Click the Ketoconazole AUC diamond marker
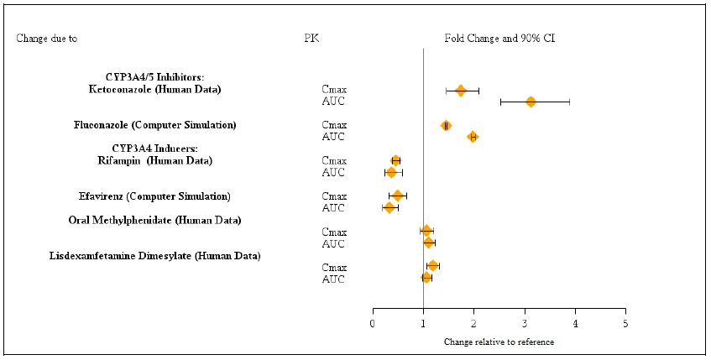(531, 102)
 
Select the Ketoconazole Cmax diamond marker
(460, 90)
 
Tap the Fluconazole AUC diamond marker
(473, 137)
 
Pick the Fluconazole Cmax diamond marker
(446, 125)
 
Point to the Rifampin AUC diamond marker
(391, 172)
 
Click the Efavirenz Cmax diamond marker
(398, 196)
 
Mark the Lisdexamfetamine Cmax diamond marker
(432, 266)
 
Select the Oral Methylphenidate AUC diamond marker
(429, 243)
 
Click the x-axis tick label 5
(625, 323)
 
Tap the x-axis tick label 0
(373, 323)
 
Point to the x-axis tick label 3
(525, 323)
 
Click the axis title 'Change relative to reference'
(499, 342)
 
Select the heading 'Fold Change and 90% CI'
(499, 39)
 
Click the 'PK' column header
(311, 39)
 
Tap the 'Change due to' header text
(53, 39)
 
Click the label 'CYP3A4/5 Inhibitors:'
(154, 77)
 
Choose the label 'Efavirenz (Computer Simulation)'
(154, 196)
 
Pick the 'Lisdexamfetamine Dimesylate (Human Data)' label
(154, 255)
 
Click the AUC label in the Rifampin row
(333, 173)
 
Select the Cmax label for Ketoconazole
(334, 90)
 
